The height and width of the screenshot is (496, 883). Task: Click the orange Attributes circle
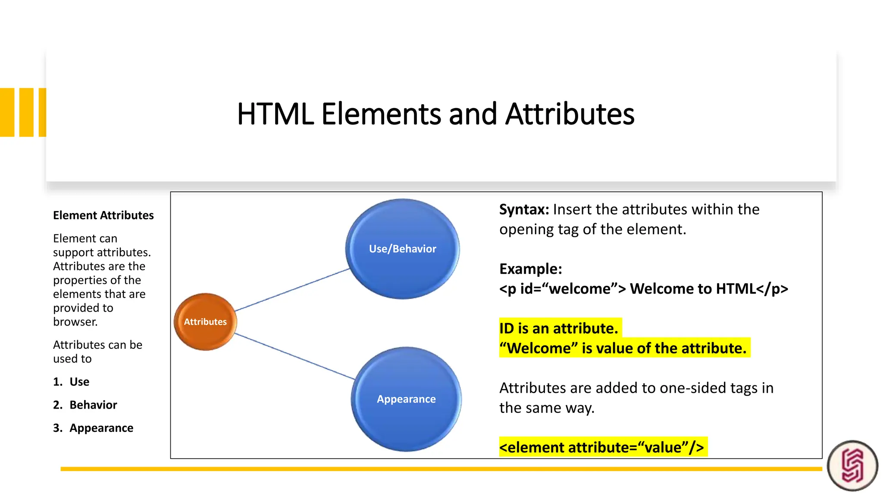coord(205,322)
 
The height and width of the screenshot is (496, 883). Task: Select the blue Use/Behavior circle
coord(402,249)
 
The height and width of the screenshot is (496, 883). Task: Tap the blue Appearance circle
coord(406,399)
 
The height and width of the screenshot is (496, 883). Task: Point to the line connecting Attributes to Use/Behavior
coord(292,289)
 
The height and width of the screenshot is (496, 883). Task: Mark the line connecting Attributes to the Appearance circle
coord(295,356)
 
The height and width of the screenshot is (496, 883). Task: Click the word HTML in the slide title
coord(275,114)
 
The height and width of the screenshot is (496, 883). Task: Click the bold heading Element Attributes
coord(103,215)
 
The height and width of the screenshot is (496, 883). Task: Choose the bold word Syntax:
coord(524,210)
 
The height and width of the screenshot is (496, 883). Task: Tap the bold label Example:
coord(530,269)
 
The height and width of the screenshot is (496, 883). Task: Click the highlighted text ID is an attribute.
coord(558,329)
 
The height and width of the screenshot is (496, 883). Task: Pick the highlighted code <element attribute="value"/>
coord(601,448)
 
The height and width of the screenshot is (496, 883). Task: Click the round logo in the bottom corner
coord(852,465)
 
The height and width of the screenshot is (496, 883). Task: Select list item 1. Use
coord(72,382)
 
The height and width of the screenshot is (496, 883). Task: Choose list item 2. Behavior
coord(85,405)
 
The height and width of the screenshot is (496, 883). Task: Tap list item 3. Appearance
coord(93,428)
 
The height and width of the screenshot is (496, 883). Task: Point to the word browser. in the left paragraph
coord(75,322)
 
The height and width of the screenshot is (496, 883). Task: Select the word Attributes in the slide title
coord(570,114)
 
